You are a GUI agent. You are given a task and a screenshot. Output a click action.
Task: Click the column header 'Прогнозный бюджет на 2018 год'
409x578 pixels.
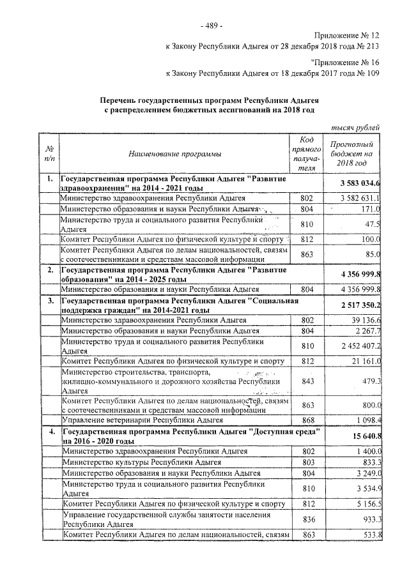pyautogui.click(x=355, y=154)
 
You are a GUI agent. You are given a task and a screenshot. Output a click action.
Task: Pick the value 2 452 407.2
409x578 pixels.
pyautogui.click(x=360, y=346)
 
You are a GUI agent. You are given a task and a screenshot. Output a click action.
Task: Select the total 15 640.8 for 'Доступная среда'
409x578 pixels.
pyautogui.click(x=366, y=436)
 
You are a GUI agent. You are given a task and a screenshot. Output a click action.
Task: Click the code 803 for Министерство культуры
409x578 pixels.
pyautogui.click(x=307, y=462)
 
